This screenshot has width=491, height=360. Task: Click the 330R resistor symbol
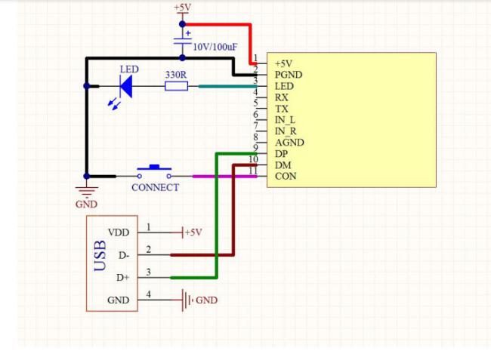tap(176, 86)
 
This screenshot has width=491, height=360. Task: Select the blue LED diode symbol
tap(126, 86)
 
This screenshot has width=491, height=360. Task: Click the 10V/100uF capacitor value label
tap(215, 47)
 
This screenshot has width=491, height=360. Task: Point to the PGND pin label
tap(289, 75)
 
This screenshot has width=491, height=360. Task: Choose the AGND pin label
tap(289, 143)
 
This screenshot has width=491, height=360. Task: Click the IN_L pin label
tap(285, 120)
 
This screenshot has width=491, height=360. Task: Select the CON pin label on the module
tap(286, 176)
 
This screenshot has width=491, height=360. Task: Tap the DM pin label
tap(283, 165)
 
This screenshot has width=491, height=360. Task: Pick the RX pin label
tap(281, 97)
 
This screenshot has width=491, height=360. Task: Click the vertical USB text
tap(100, 256)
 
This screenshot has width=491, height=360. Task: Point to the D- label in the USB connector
tap(124, 256)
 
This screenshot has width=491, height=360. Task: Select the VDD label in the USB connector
tap(119, 232)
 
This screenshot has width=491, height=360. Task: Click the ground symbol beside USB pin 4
tap(187, 300)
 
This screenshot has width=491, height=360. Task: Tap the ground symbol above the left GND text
tap(87, 191)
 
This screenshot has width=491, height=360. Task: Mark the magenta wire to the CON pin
tap(225, 177)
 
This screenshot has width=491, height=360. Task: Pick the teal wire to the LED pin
tap(227, 86)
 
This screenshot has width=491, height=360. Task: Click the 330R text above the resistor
tap(176, 75)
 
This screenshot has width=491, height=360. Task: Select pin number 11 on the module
tap(253, 171)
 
